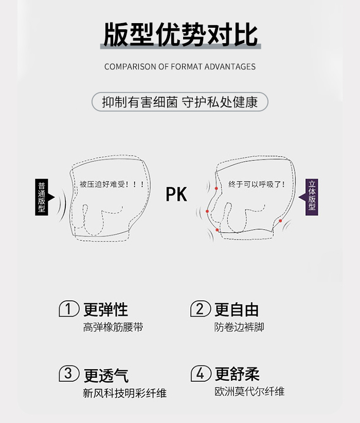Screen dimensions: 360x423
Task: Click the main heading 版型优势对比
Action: pyautogui.click(x=181, y=34)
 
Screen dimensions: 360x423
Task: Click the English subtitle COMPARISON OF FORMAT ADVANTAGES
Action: pyautogui.click(x=180, y=67)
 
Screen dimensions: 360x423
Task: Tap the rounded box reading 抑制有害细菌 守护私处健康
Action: pyautogui.click(x=180, y=102)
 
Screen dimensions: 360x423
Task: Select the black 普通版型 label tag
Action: pyautogui.click(x=42, y=197)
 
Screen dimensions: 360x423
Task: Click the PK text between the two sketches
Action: pyautogui.click(x=176, y=194)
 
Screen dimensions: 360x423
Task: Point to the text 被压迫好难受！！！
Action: pyautogui.click(x=112, y=184)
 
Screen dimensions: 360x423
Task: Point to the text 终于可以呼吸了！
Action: pyautogui.click(x=257, y=184)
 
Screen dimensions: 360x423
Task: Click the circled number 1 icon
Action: pyautogui.click(x=69, y=308)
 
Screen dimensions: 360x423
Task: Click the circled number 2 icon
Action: pyautogui.click(x=201, y=308)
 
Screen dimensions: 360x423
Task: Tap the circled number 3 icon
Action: pyautogui.click(x=69, y=373)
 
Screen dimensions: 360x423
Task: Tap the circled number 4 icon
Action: pyautogui.click(x=201, y=373)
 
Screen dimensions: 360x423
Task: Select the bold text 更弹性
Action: pyautogui.click(x=105, y=309)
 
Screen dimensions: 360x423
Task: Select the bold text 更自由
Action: pyautogui.click(x=237, y=309)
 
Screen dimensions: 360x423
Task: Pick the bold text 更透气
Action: pyautogui.click(x=106, y=375)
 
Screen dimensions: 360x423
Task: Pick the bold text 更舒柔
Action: pyautogui.click(x=237, y=374)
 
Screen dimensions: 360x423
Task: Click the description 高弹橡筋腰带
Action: pyautogui.click(x=113, y=327)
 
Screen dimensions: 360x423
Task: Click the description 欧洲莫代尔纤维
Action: pyautogui.click(x=249, y=392)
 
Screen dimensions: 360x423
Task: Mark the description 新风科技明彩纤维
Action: pyautogui.click(x=124, y=393)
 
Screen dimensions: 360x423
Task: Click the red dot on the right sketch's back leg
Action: pyautogui.click(x=280, y=220)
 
